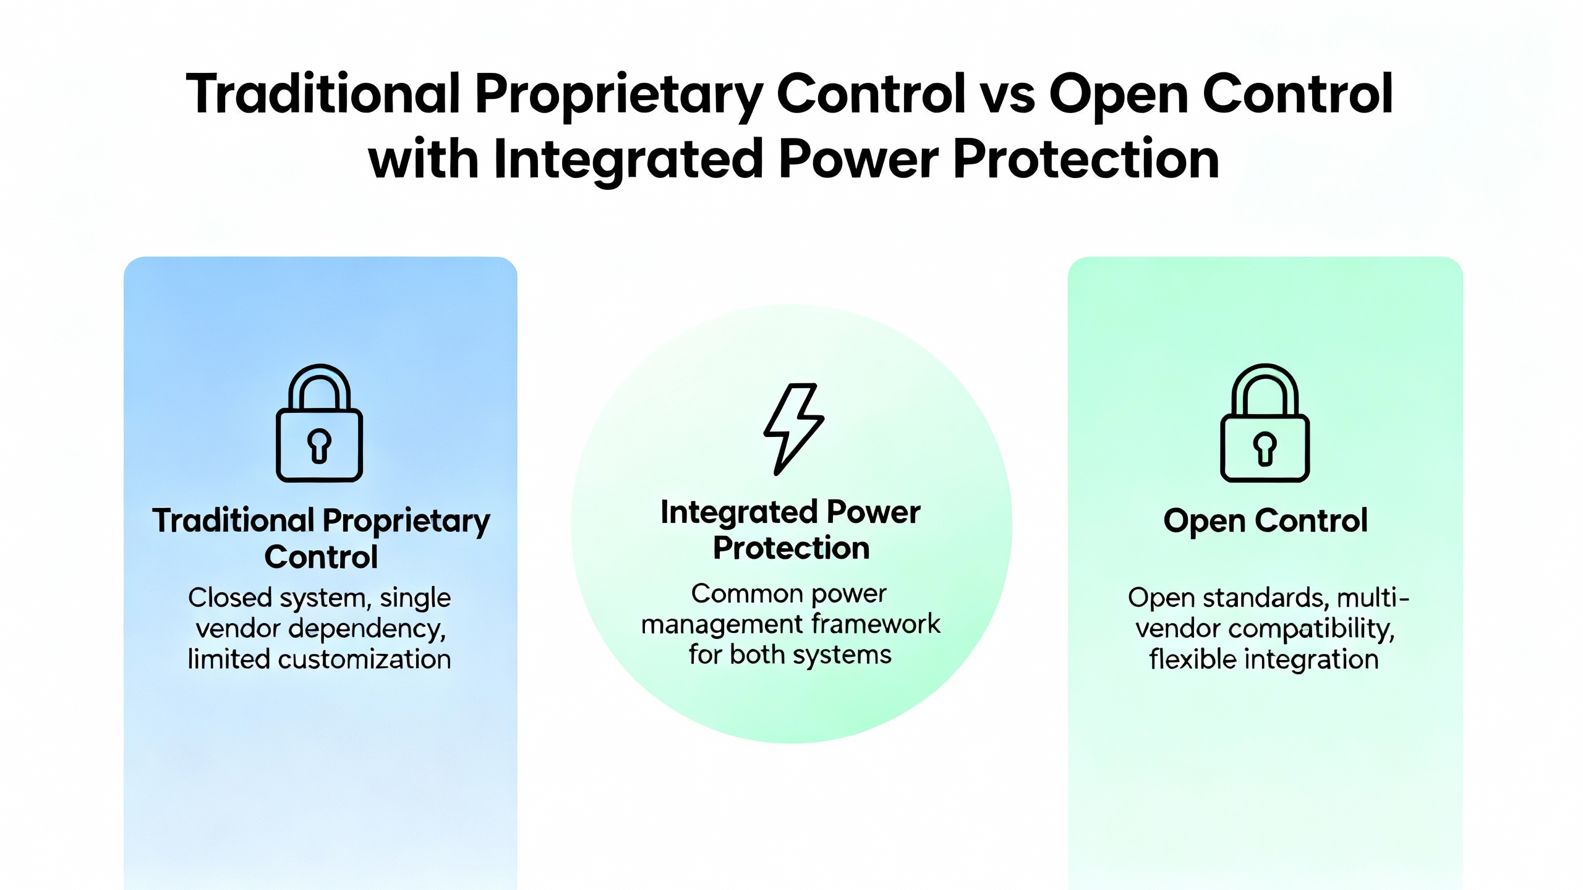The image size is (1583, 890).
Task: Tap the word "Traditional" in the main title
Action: coord(323,94)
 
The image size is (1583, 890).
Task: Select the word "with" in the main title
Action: coord(423,159)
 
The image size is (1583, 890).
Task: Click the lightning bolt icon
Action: coord(793,429)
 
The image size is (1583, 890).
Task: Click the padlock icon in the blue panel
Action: coord(319,422)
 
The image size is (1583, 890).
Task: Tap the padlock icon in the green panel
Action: coord(1265,422)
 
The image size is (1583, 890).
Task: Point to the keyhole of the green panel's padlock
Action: coord(1265,448)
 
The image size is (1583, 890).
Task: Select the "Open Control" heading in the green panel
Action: coord(1265,521)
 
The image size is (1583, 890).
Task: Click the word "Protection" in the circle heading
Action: coord(791,548)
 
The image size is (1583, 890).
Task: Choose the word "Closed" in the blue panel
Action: coord(230,598)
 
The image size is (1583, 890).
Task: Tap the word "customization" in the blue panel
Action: coord(364,659)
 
